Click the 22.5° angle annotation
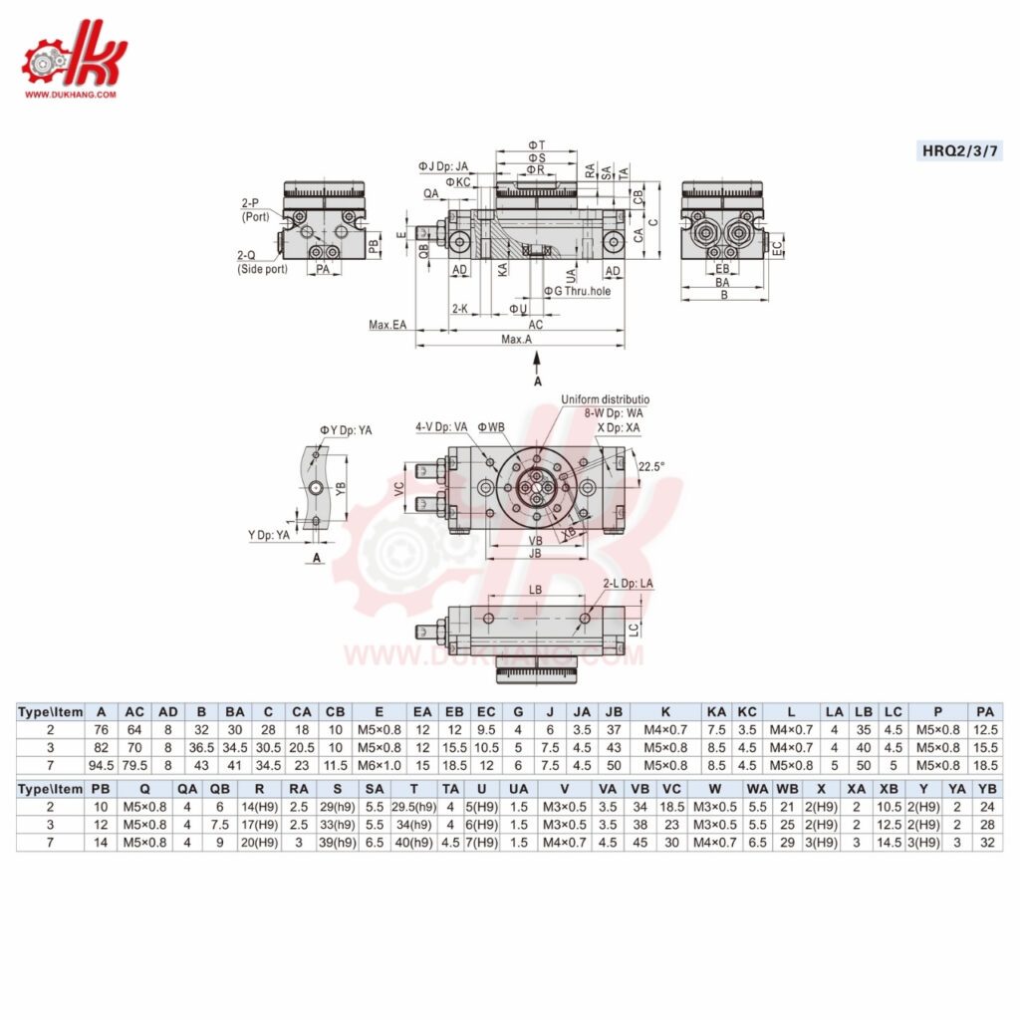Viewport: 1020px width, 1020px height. [x=651, y=465]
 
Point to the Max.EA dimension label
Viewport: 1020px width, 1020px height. [x=388, y=325]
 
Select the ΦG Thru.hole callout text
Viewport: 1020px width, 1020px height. [x=578, y=291]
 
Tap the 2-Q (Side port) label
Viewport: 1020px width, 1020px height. [x=259, y=262]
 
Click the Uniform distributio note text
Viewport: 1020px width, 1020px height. [x=605, y=399]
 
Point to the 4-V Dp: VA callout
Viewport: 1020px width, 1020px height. [x=441, y=426]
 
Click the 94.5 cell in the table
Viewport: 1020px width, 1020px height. [x=101, y=765]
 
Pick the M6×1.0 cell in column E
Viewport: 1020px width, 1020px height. [x=379, y=765]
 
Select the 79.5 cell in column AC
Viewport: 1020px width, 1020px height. [x=134, y=765]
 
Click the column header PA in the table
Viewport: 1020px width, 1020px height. [x=985, y=711]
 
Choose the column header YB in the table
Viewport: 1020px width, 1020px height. [x=987, y=788]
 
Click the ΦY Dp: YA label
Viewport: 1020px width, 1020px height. [x=346, y=430]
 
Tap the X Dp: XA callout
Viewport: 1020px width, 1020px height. [x=619, y=426]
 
